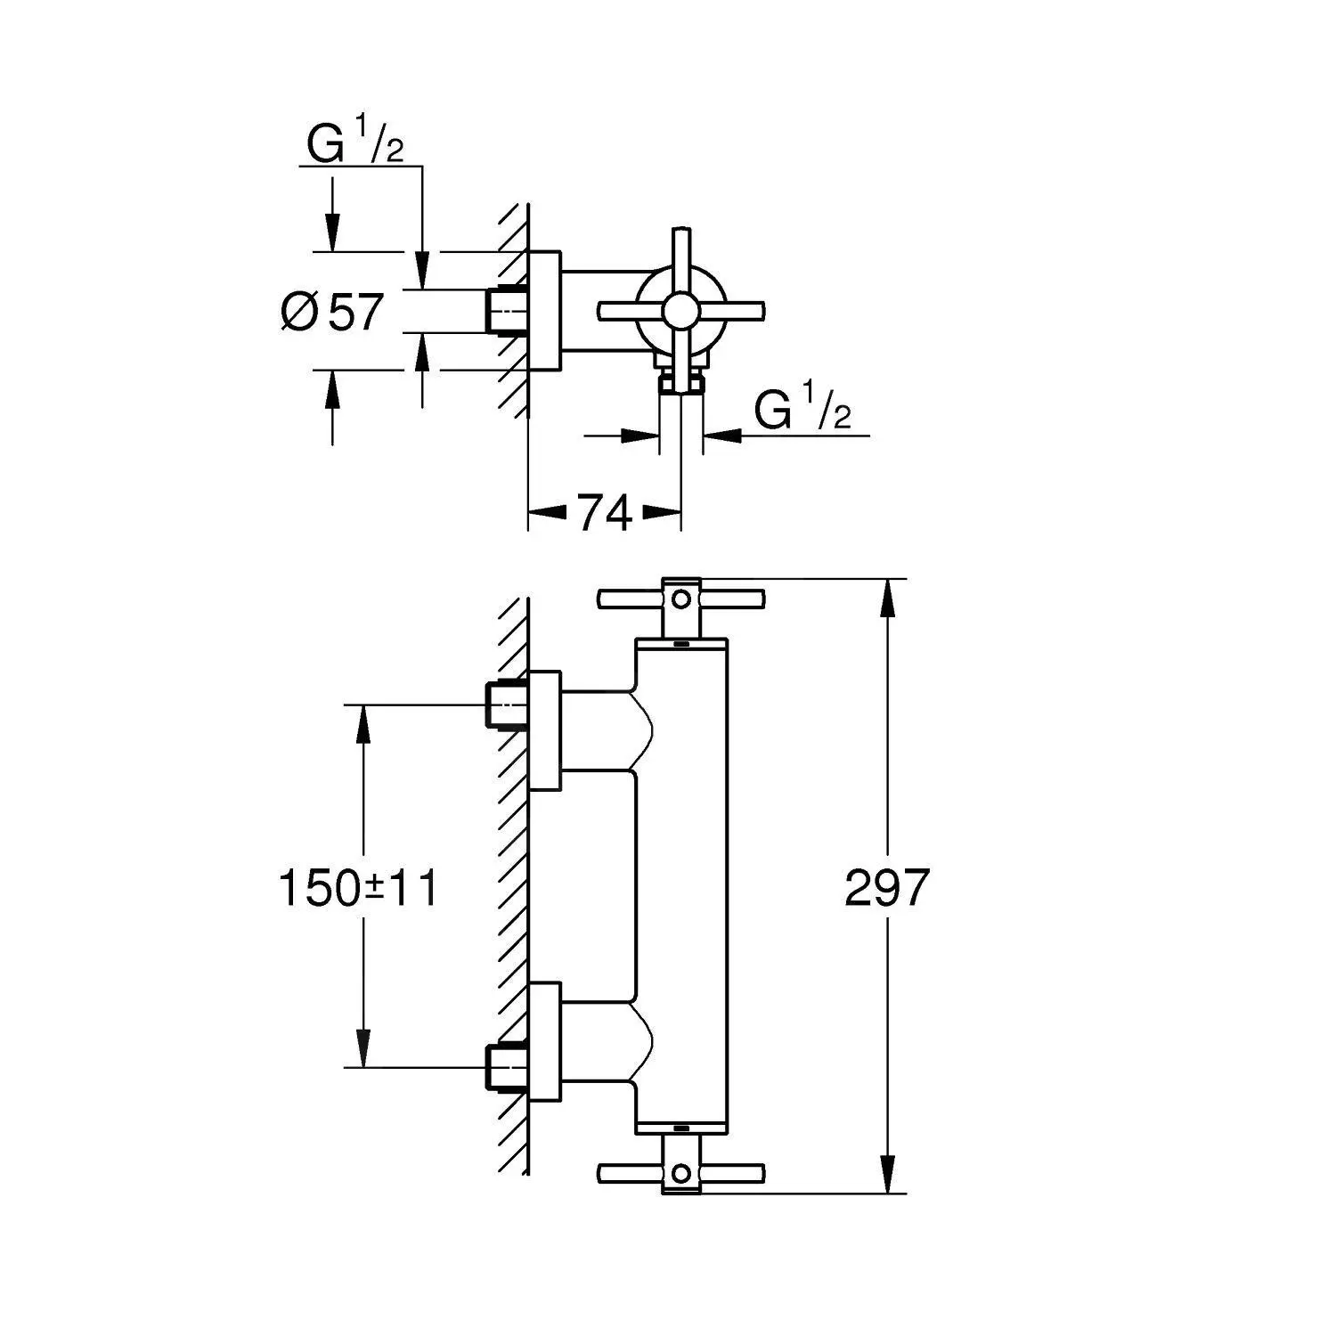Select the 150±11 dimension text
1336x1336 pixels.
[358, 888]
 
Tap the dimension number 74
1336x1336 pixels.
[605, 513]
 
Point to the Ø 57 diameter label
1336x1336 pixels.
[332, 312]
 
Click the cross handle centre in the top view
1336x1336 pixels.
[681, 311]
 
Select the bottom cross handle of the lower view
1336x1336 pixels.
[681, 1173]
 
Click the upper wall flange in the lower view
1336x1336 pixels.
[545, 730]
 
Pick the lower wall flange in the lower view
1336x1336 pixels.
[545, 1042]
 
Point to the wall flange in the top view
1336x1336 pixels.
[545, 310]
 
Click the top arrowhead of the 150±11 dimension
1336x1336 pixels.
[363, 722]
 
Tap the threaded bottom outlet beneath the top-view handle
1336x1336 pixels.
[681, 384]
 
